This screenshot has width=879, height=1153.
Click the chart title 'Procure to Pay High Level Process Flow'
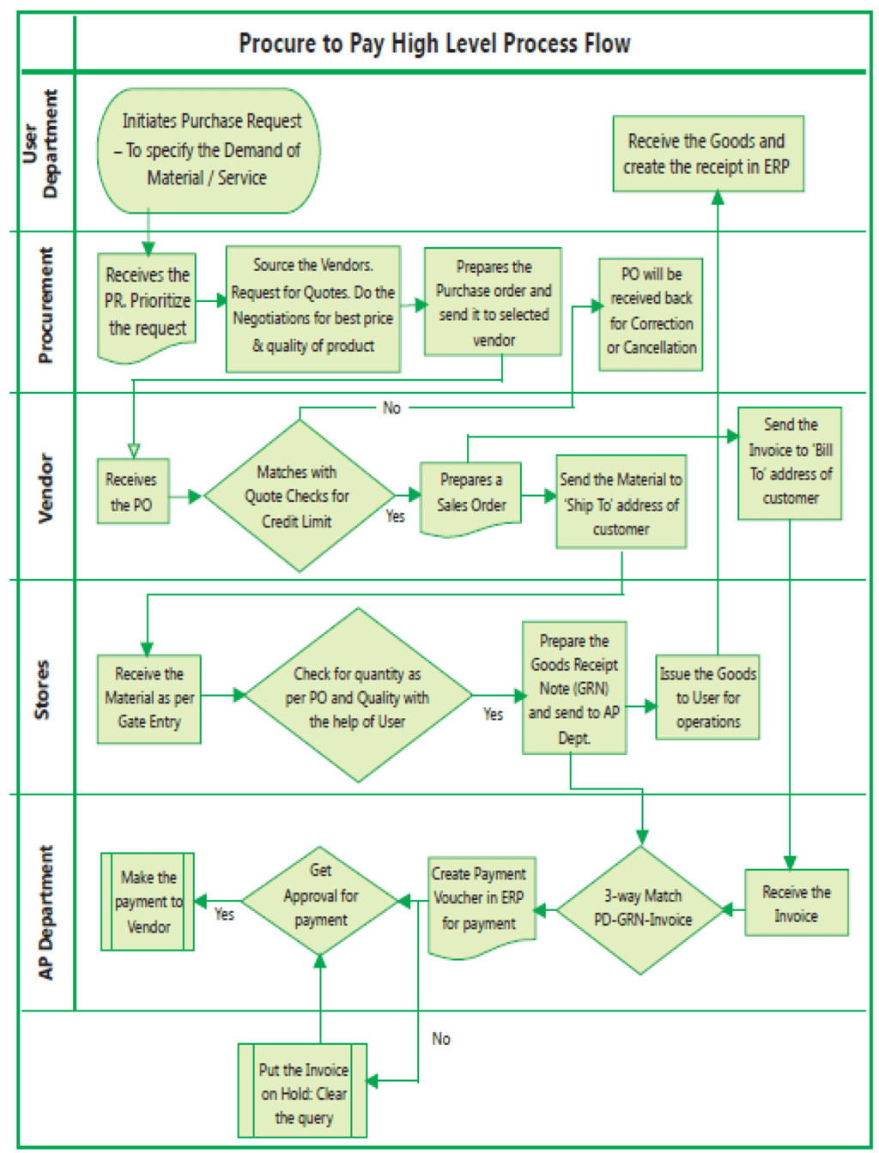coord(434,43)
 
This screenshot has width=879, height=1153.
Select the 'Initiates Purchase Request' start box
coord(209,150)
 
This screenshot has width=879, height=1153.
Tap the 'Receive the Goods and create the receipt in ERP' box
coord(707,154)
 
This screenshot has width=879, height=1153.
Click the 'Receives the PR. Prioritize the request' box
coord(147,302)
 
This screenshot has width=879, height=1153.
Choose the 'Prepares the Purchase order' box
coord(493,302)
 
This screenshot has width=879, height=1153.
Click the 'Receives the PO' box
coord(132,492)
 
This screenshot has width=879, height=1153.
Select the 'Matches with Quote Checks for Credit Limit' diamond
coord(298,496)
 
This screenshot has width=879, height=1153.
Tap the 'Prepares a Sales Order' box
coord(470,495)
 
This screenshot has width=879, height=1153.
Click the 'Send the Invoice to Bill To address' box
coord(790,462)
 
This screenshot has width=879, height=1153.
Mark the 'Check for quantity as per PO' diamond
coord(357,697)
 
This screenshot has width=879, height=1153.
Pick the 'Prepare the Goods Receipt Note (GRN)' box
coord(574,688)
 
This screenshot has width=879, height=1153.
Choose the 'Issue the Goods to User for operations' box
coord(707,697)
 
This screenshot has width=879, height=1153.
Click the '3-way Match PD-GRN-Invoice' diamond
coord(642,909)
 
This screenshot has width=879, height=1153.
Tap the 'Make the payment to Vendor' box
coord(148,902)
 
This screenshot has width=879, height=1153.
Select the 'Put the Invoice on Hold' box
coord(302,1092)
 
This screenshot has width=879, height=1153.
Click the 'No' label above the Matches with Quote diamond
coord(391,408)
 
